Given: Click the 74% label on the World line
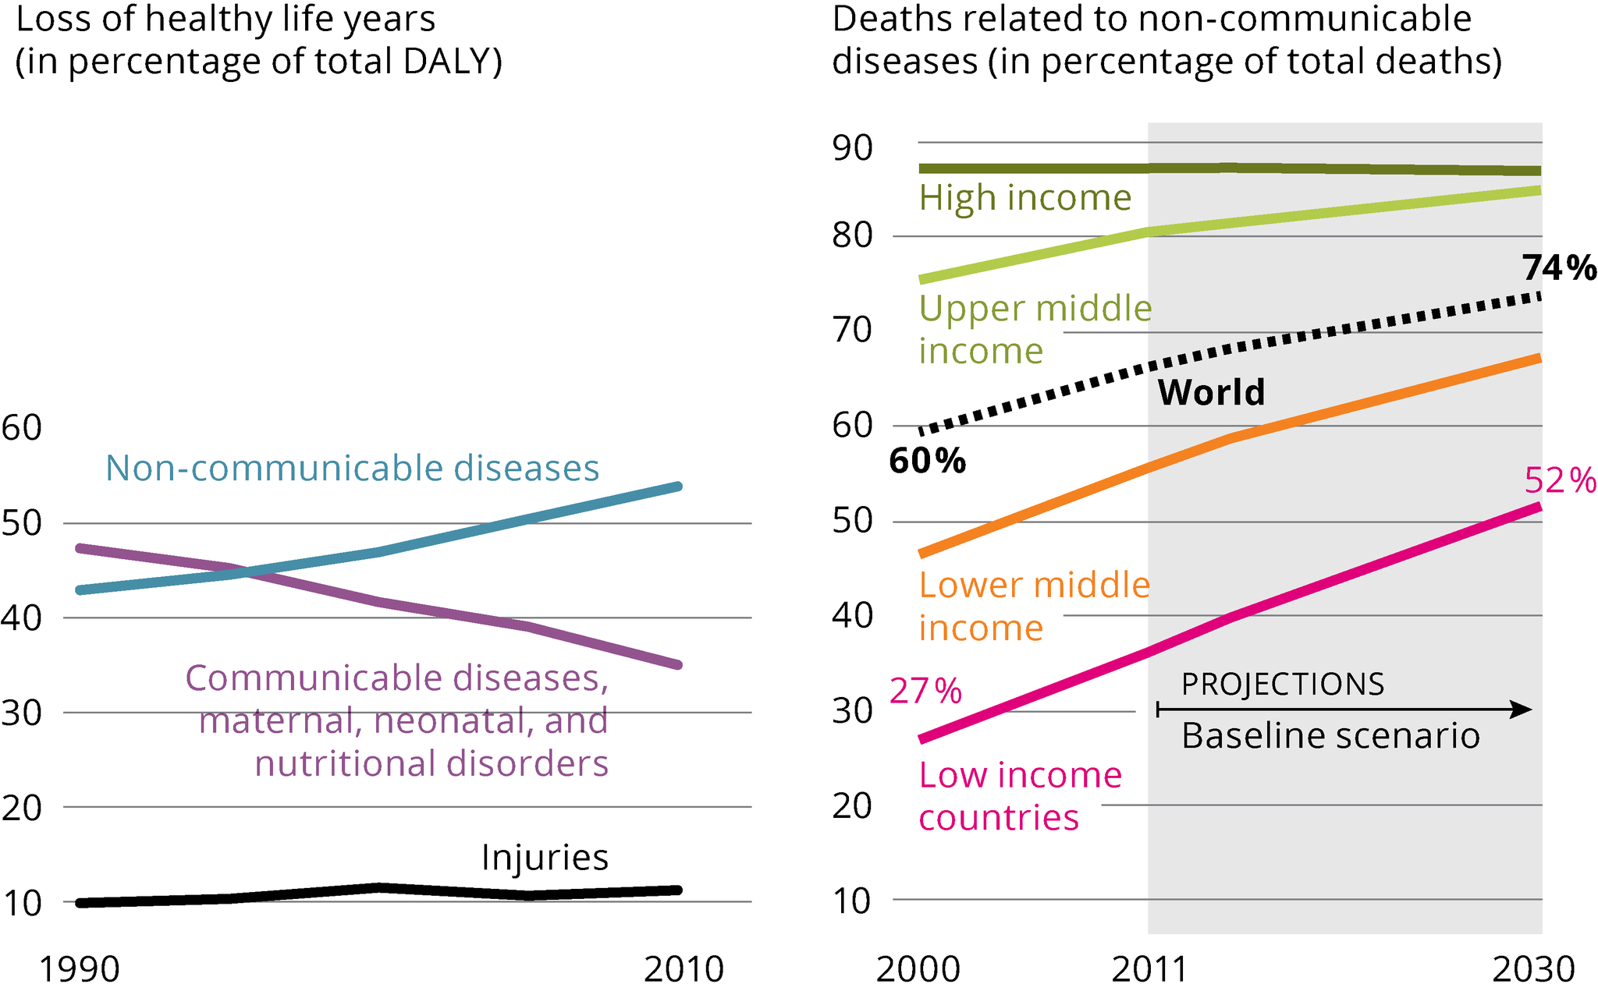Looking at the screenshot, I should (x=1559, y=269).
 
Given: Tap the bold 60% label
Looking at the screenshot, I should (x=927, y=462).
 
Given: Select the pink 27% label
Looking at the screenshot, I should (x=925, y=692).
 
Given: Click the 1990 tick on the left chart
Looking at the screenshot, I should (x=79, y=969).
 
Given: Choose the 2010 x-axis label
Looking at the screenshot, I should (x=684, y=969).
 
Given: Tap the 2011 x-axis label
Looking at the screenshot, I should (x=1149, y=969).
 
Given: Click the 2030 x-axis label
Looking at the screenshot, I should (x=1533, y=969).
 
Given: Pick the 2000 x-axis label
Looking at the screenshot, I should (x=918, y=969).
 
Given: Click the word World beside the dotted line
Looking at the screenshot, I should (x=1211, y=392).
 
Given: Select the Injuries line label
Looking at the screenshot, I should (x=545, y=858).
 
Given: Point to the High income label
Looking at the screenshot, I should (x=1024, y=198).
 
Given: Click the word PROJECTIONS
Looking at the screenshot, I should (x=1283, y=685).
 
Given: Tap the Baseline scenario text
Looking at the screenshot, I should (x=1330, y=736).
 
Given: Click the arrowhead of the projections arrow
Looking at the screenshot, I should (x=1522, y=710).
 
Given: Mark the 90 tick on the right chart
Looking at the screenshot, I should (x=852, y=148).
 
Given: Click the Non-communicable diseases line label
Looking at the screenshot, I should (x=352, y=469).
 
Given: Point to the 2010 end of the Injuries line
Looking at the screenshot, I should (x=678, y=890).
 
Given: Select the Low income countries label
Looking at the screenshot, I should (x=1020, y=796).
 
